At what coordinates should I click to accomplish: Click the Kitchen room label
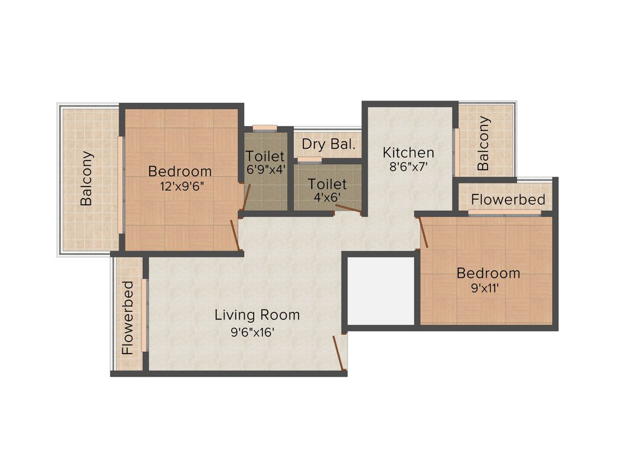point(409,153)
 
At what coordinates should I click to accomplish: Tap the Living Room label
point(257,315)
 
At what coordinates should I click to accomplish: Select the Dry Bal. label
point(329,145)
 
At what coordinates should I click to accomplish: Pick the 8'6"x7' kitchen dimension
point(409,167)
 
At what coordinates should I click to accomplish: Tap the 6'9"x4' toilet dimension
point(265,171)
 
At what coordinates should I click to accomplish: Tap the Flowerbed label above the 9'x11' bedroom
point(508,199)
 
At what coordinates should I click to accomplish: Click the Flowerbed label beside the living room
point(127,317)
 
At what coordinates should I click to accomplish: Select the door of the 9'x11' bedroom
point(423,231)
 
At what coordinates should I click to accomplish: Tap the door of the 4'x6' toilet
point(348,209)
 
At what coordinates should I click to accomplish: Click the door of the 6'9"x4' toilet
point(246,197)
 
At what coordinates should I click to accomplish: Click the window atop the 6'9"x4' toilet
point(265,127)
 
